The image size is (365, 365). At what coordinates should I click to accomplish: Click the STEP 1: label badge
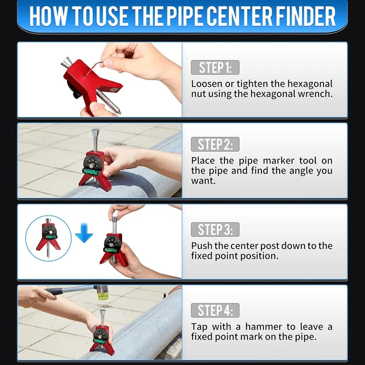point(215,68)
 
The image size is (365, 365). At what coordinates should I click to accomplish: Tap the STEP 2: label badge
point(215,144)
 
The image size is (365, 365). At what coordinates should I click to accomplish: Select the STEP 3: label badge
point(215,229)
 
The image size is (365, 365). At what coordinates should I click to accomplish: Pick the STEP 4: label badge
point(215,310)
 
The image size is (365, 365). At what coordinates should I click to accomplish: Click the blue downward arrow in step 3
point(84,233)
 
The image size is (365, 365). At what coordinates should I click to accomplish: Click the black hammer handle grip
point(55,291)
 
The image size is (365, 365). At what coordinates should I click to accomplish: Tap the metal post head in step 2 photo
point(95,133)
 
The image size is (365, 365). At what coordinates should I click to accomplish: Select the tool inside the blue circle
point(48,237)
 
